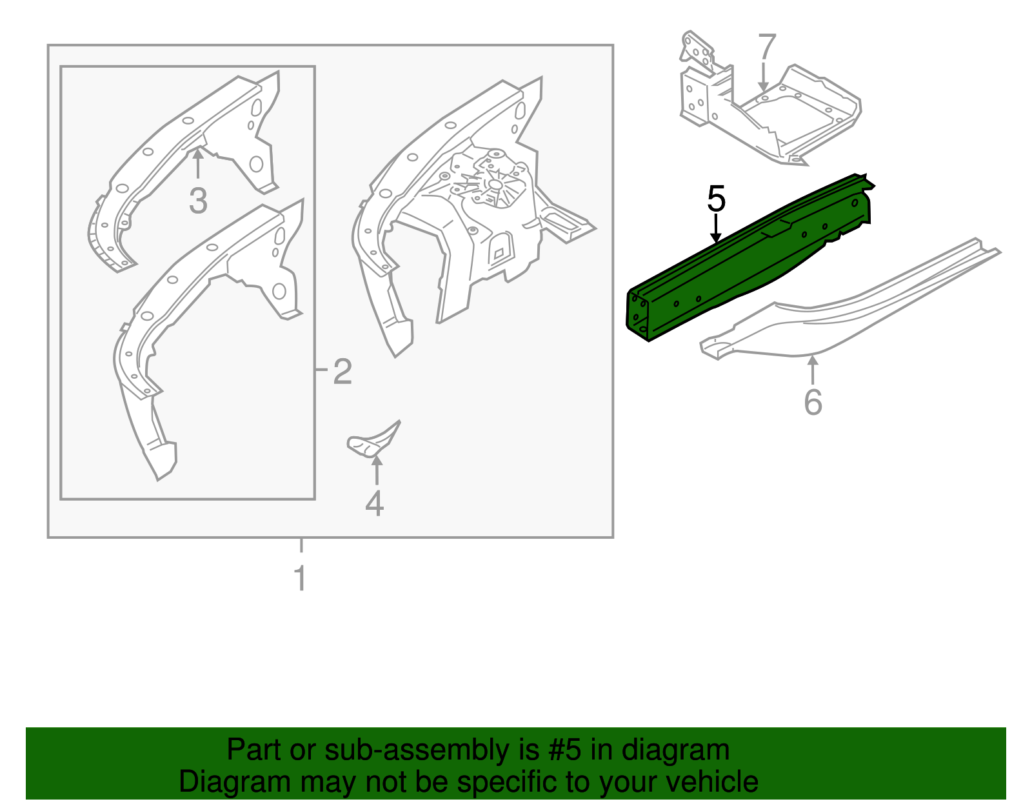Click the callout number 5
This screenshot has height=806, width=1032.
click(x=716, y=199)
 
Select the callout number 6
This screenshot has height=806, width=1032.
click(x=813, y=402)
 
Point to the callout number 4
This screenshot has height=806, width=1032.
click(x=375, y=503)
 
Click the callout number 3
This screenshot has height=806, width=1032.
click(x=198, y=201)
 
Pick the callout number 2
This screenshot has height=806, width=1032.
click(x=342, y=372)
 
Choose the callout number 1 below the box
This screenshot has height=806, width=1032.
click(x=300, y=578)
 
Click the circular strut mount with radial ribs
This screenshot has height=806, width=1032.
click(x=495, y=185)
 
